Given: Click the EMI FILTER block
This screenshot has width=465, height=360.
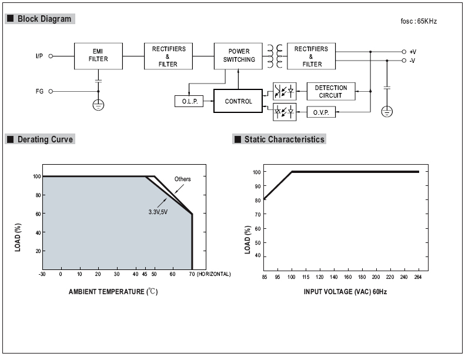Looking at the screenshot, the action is pos(98,56).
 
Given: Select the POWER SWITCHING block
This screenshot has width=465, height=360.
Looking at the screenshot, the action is pos(238,56).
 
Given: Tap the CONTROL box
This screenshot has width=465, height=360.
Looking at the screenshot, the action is pos(238,101).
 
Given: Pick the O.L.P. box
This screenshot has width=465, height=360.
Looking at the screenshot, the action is pos(189,101).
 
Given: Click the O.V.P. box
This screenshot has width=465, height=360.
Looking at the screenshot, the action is pos(321,112).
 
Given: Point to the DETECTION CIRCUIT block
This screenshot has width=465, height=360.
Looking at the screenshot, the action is pos(331,91).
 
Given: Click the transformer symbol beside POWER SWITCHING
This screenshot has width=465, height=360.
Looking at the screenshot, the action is pos(275,56).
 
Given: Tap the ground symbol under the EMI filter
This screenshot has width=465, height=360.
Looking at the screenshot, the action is pos(98,105).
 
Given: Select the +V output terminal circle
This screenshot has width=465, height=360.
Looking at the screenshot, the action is pos(404,52).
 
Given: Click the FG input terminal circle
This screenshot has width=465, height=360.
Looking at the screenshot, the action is pos(51,91).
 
